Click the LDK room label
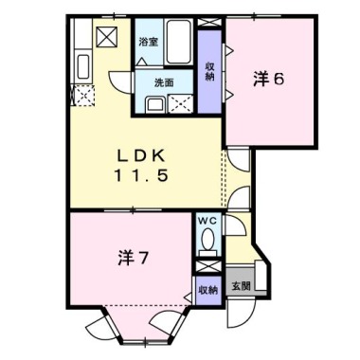(x=141, y=155)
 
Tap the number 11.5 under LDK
(x=141, y=176)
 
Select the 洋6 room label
(x=269, y=80)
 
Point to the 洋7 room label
(x=133, y=259)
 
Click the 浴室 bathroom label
(x=149, y=42)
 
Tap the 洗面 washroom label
(x=164, y=82)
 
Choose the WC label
(x=207, y=221)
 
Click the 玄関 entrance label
(x=242, y=286)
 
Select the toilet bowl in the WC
(x=207, y=239)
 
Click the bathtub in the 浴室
(x=179, y=42)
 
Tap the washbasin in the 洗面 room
(x=154, y=104)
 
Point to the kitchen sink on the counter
(x=83, y=66)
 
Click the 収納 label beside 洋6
(x=209, y=72)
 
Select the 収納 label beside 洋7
(x=208, y=291)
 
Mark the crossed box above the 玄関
(x=207, y=266)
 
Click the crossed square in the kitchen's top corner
(x=107, y=37)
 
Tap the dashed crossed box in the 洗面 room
(x=180, y=103)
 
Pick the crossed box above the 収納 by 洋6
(x=209, y=22)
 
